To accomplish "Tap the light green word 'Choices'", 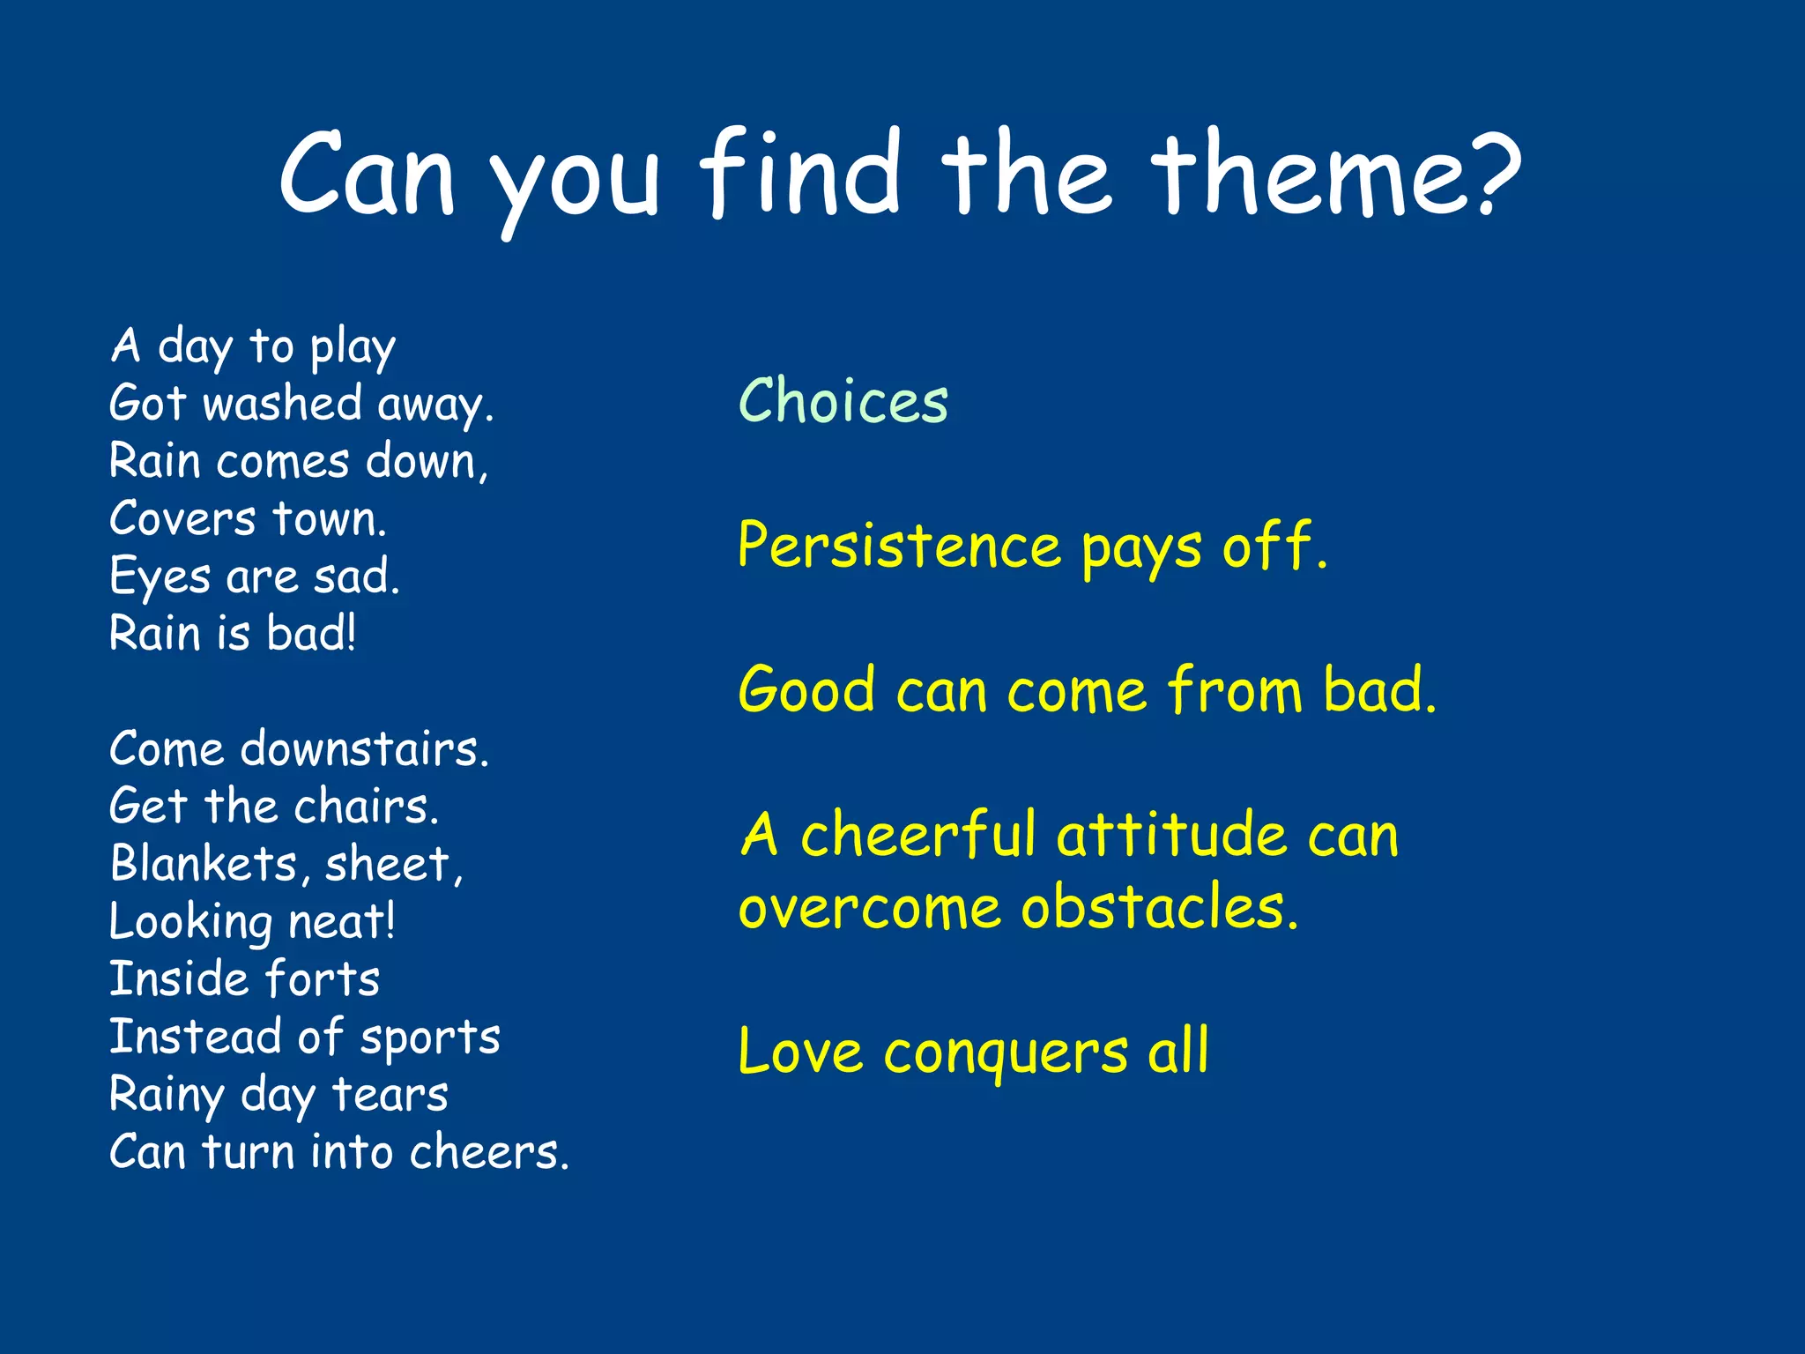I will (x=843, y=401).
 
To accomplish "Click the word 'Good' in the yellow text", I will (x=806, y=689).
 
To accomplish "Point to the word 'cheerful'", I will (x=917, y=834).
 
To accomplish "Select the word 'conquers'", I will (x=1006, y=1053).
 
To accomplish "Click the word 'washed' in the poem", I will (x=283, y=404).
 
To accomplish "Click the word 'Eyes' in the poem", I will (x=160, y=578).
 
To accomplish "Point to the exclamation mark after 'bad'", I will (x=352, y=632).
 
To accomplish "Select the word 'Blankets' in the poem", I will (x=204, y=863).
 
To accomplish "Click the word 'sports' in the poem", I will (x=429, y=1038).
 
